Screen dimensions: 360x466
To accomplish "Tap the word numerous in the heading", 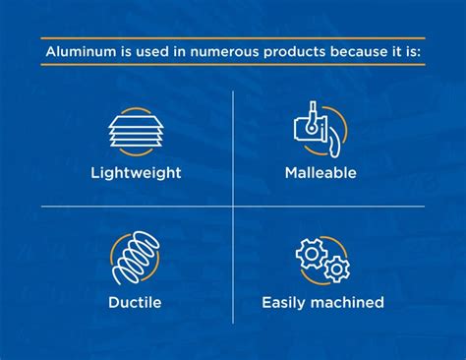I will click(x=187, y=51).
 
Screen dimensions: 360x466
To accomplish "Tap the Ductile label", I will click(x=134, y=301).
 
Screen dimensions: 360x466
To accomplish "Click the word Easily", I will click(x=285, y=301).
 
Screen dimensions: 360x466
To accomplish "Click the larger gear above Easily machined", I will click(x=312, y=254).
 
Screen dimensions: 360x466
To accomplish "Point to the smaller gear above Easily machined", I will click(x=336, y=269).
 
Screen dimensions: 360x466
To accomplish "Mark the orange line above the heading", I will click(x=233, y=37).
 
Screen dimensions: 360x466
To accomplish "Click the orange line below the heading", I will click(x=233, y=65).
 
